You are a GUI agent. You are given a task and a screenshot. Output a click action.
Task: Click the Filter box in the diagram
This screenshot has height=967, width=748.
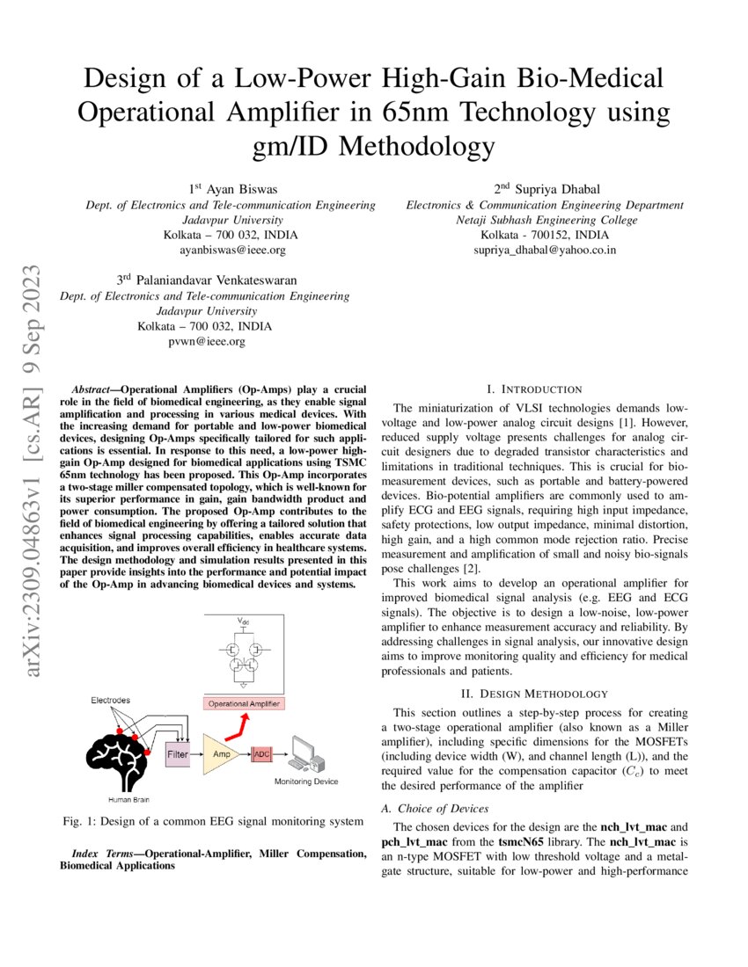pos(178,754)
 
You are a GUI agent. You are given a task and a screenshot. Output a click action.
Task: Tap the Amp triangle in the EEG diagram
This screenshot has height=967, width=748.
pos(219,754)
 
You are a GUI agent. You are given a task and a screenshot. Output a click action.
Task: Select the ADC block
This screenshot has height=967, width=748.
pos(262,754)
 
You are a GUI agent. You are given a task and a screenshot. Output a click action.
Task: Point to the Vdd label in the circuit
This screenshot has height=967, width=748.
pos(243,622)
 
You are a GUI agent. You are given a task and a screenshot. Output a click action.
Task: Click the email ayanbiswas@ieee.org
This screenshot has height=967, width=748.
pos(232,251)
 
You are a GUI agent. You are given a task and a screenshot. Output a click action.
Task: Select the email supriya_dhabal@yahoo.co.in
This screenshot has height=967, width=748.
pos(545,250)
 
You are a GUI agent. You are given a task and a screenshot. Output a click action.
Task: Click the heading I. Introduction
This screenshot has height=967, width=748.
pos(533,389)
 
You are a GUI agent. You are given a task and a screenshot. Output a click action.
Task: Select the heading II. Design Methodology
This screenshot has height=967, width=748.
pos(533,694)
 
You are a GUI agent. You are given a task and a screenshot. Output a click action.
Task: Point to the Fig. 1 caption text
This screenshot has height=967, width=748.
pos(213,821)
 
